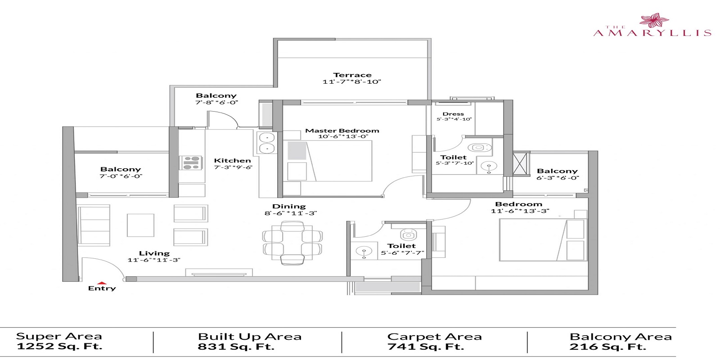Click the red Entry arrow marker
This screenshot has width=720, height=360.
tap(102, 283)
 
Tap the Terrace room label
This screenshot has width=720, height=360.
tap(352, 75)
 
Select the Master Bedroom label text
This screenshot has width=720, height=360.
tap(342, 131)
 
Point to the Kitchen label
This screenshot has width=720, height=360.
tap(232, 161)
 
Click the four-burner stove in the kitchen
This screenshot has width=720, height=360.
tap(191, 162)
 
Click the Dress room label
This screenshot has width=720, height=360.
tap(453, 114)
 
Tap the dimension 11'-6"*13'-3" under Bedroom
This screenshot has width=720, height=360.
tap(520, 211)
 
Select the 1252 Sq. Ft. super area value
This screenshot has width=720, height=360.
tap(59, 346)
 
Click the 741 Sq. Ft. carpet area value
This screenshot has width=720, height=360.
tap(425, 346)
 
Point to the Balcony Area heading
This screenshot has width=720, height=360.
tap(620, 337)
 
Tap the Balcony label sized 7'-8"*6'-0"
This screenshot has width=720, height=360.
tap(216, 96)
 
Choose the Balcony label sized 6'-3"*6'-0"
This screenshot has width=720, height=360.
tap(557, 171)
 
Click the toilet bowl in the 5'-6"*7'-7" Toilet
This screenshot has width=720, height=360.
tap(408, 234)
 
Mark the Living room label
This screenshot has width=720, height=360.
tap(154, 253)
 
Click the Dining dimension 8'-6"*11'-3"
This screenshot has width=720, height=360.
tap(291, 213)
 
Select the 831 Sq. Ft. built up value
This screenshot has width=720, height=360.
tap(236, 346)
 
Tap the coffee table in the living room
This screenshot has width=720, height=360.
tap(141, 225)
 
